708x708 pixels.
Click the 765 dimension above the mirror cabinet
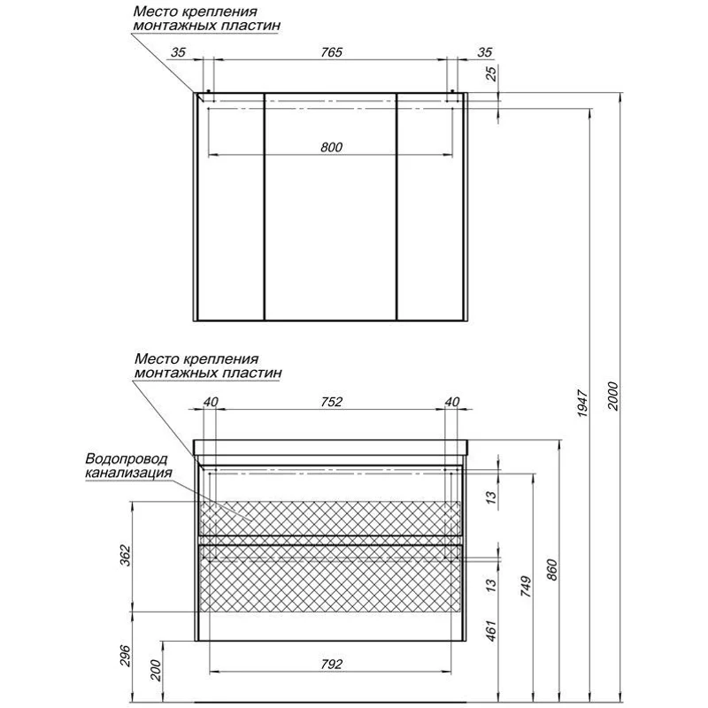[x=331, y=52]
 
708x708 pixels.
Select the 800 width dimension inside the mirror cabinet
[x=331, y=147]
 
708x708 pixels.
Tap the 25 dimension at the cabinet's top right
[x=491, y=73]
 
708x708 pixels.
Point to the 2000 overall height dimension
[x=612, y=396]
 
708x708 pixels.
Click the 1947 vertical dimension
[x=583, y=404]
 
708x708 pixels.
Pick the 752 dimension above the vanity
[x=331, y=402]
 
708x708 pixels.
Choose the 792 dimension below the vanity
[x=331, y=665]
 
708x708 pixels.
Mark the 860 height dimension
[x=552, y=570]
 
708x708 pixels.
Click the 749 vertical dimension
[x=525, y=587]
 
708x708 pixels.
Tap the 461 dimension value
[x=491, y=631]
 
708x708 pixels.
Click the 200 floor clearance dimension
[x=155, y=671]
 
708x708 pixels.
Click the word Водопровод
[x=127, y=458]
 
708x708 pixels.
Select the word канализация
[x=128, y=473]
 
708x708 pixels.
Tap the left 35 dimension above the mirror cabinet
[x=178, y=52]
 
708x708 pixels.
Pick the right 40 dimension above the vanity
[x=452, y=402]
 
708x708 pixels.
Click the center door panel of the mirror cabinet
[x=330, y=207]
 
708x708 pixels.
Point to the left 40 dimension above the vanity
[x=211, y=402]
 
